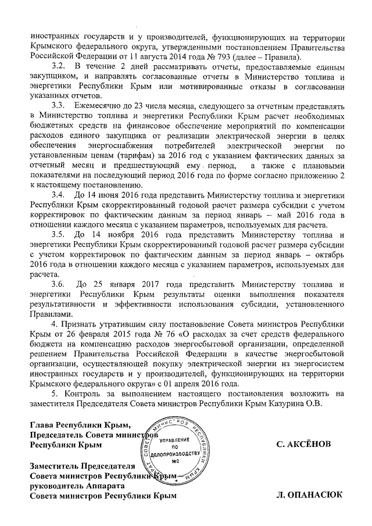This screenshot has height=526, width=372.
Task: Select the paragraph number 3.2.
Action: (58, 69)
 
